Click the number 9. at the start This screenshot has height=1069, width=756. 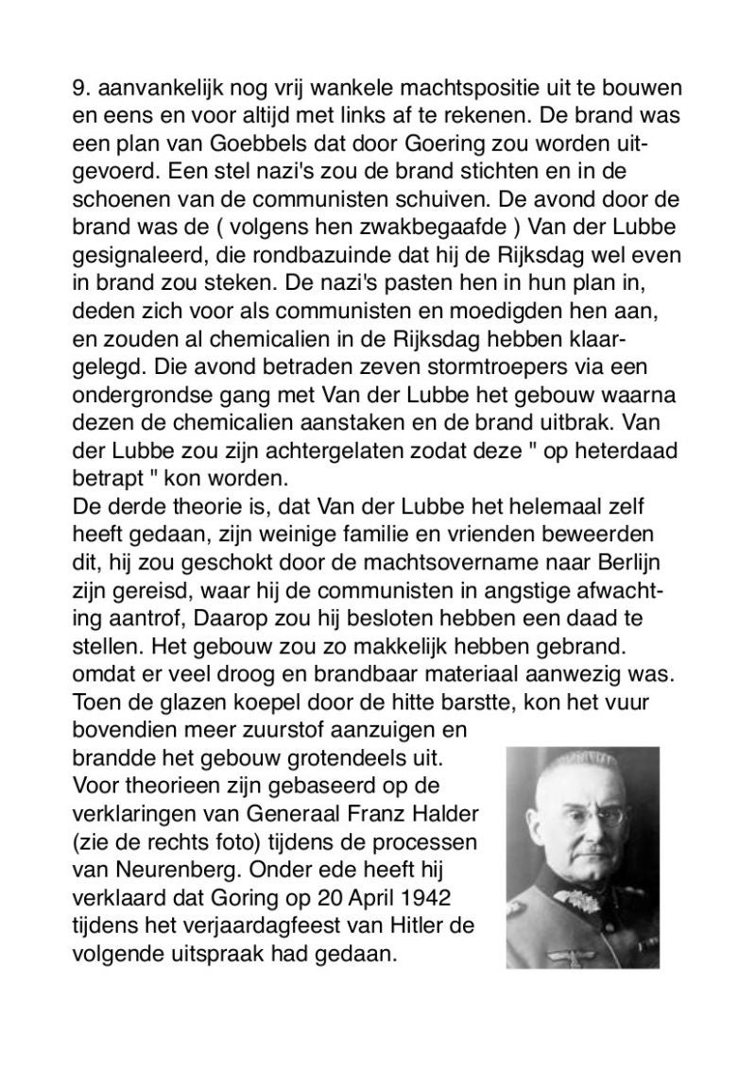pyautogui.click(x=80, y=90)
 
